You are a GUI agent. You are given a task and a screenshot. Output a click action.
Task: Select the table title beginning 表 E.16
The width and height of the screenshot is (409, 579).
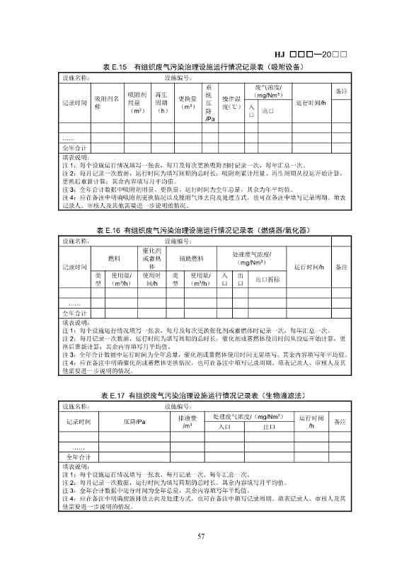[204, 231]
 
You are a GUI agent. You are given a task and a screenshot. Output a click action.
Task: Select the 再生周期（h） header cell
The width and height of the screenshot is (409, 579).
[163, 103]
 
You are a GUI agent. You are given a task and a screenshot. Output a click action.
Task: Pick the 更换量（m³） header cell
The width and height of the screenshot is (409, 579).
[188, 103]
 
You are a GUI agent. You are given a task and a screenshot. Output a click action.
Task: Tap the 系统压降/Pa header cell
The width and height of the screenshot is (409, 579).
[209, 103]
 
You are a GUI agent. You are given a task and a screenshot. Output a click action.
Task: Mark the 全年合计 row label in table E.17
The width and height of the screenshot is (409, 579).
[75, 457]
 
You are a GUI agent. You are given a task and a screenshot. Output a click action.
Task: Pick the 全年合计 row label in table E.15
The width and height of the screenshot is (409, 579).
[75, 148]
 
